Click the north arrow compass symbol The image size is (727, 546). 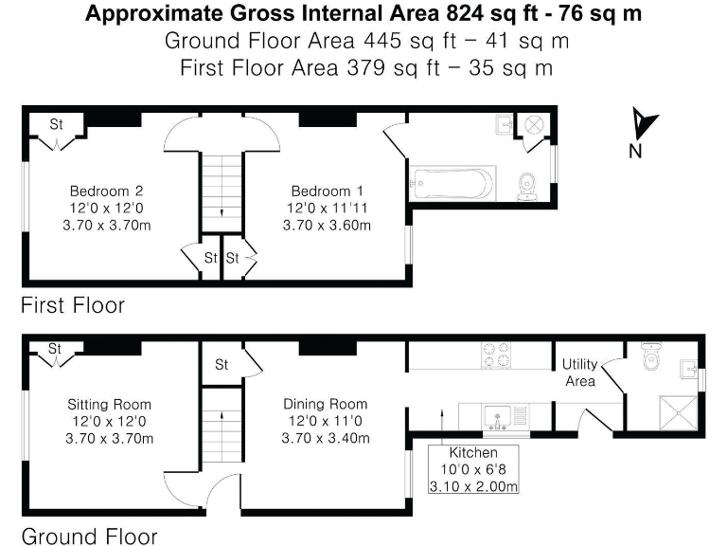[x=644, y=126]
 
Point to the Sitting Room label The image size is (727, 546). [x=109, y=403]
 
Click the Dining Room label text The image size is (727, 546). [x=326, y=403]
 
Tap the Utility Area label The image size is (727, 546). [x=579, y=373]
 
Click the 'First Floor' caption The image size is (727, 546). [x=73, y=306]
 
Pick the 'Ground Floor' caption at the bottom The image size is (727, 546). [x=89, y=536]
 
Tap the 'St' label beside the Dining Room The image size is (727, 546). [x=222, y=364]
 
